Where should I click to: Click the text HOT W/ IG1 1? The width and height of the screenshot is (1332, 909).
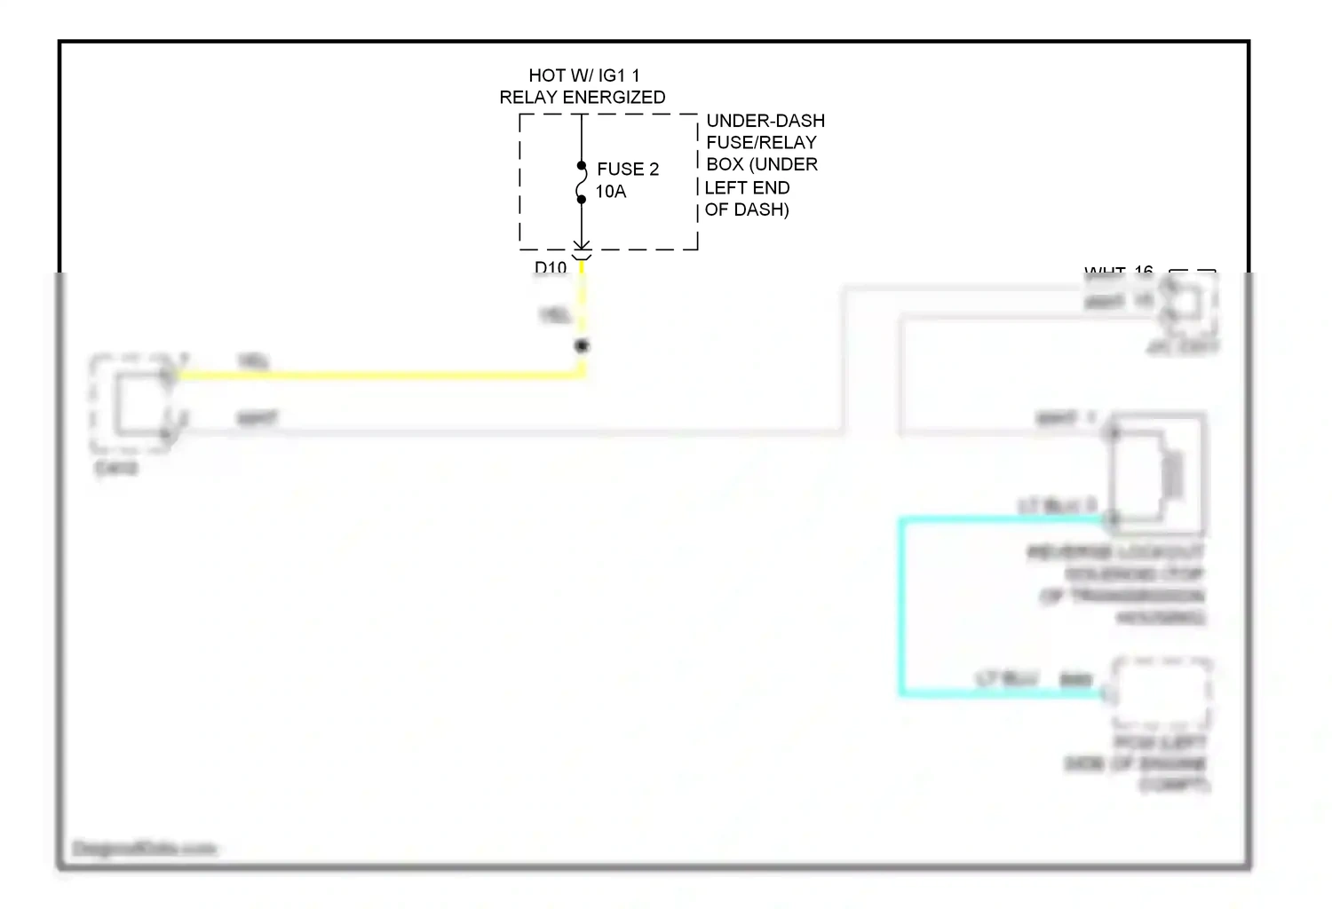click(x=583, y=75)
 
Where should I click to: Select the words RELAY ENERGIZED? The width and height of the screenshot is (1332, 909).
click(x=583, y=98)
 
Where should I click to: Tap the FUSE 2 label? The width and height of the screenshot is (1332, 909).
click(x=628, y=169)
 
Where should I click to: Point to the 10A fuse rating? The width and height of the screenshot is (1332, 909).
click(x=611, y=192)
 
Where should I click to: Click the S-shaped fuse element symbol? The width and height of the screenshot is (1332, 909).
click(x=582, y=183)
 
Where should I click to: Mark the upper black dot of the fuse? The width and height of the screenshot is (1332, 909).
click(x=582, y=166)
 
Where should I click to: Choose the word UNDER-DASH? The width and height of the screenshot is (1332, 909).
click(x=765, y=121)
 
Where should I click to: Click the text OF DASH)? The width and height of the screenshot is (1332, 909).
click(x=747, y=210)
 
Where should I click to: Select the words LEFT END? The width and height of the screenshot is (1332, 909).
click(x=747, y=188)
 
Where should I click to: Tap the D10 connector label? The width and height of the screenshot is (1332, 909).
click(x=551, y=267)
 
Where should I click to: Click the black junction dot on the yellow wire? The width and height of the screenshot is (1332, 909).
click(x=582, y=346)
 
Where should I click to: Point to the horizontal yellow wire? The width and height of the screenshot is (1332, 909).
click(x=373, y=375)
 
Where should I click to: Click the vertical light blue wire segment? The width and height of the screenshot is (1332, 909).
click(x=902, y=604)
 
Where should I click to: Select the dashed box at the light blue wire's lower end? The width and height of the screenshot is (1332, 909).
click(x=1162, y=692)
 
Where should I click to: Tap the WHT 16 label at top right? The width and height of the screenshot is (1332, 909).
click(x=1118, y=271)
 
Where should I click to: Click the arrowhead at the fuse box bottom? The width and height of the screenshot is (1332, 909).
click(x=582, y=245)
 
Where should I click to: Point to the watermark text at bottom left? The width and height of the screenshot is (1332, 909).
click(x=144, y=849)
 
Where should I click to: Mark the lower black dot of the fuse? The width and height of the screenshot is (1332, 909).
click(x=582, y=200)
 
